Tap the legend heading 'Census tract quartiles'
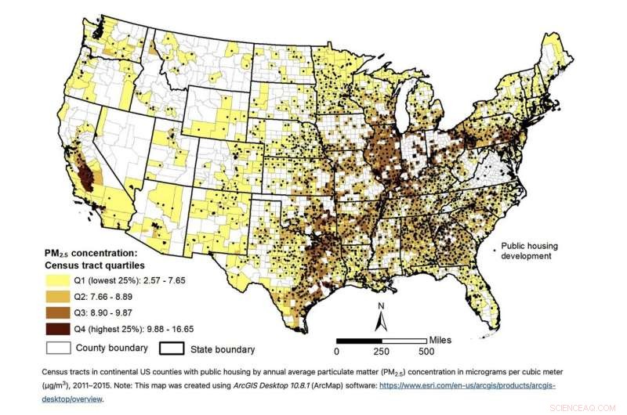(100, 265)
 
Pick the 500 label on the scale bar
(427, 352)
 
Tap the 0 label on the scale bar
(338, 352)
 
